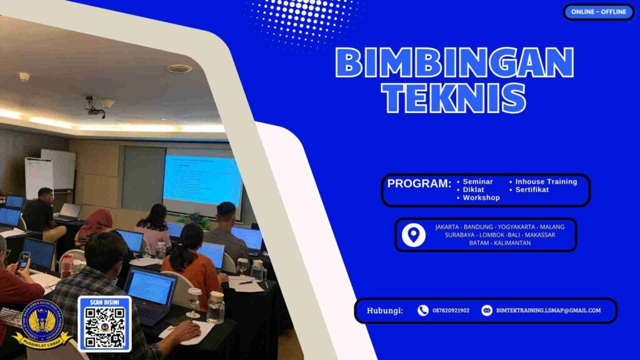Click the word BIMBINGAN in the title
454,62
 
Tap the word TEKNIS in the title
454,97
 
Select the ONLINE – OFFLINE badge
598,12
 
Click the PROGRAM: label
419,184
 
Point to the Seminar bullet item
477,182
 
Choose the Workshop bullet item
481,198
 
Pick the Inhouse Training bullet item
546,182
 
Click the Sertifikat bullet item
532,190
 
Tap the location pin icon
413,235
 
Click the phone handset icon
423,311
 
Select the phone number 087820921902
451,311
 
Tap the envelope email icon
487,311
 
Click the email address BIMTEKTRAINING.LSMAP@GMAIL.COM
548,311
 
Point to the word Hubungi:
384,311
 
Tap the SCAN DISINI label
104,302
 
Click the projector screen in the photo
202,181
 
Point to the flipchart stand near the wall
39,177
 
